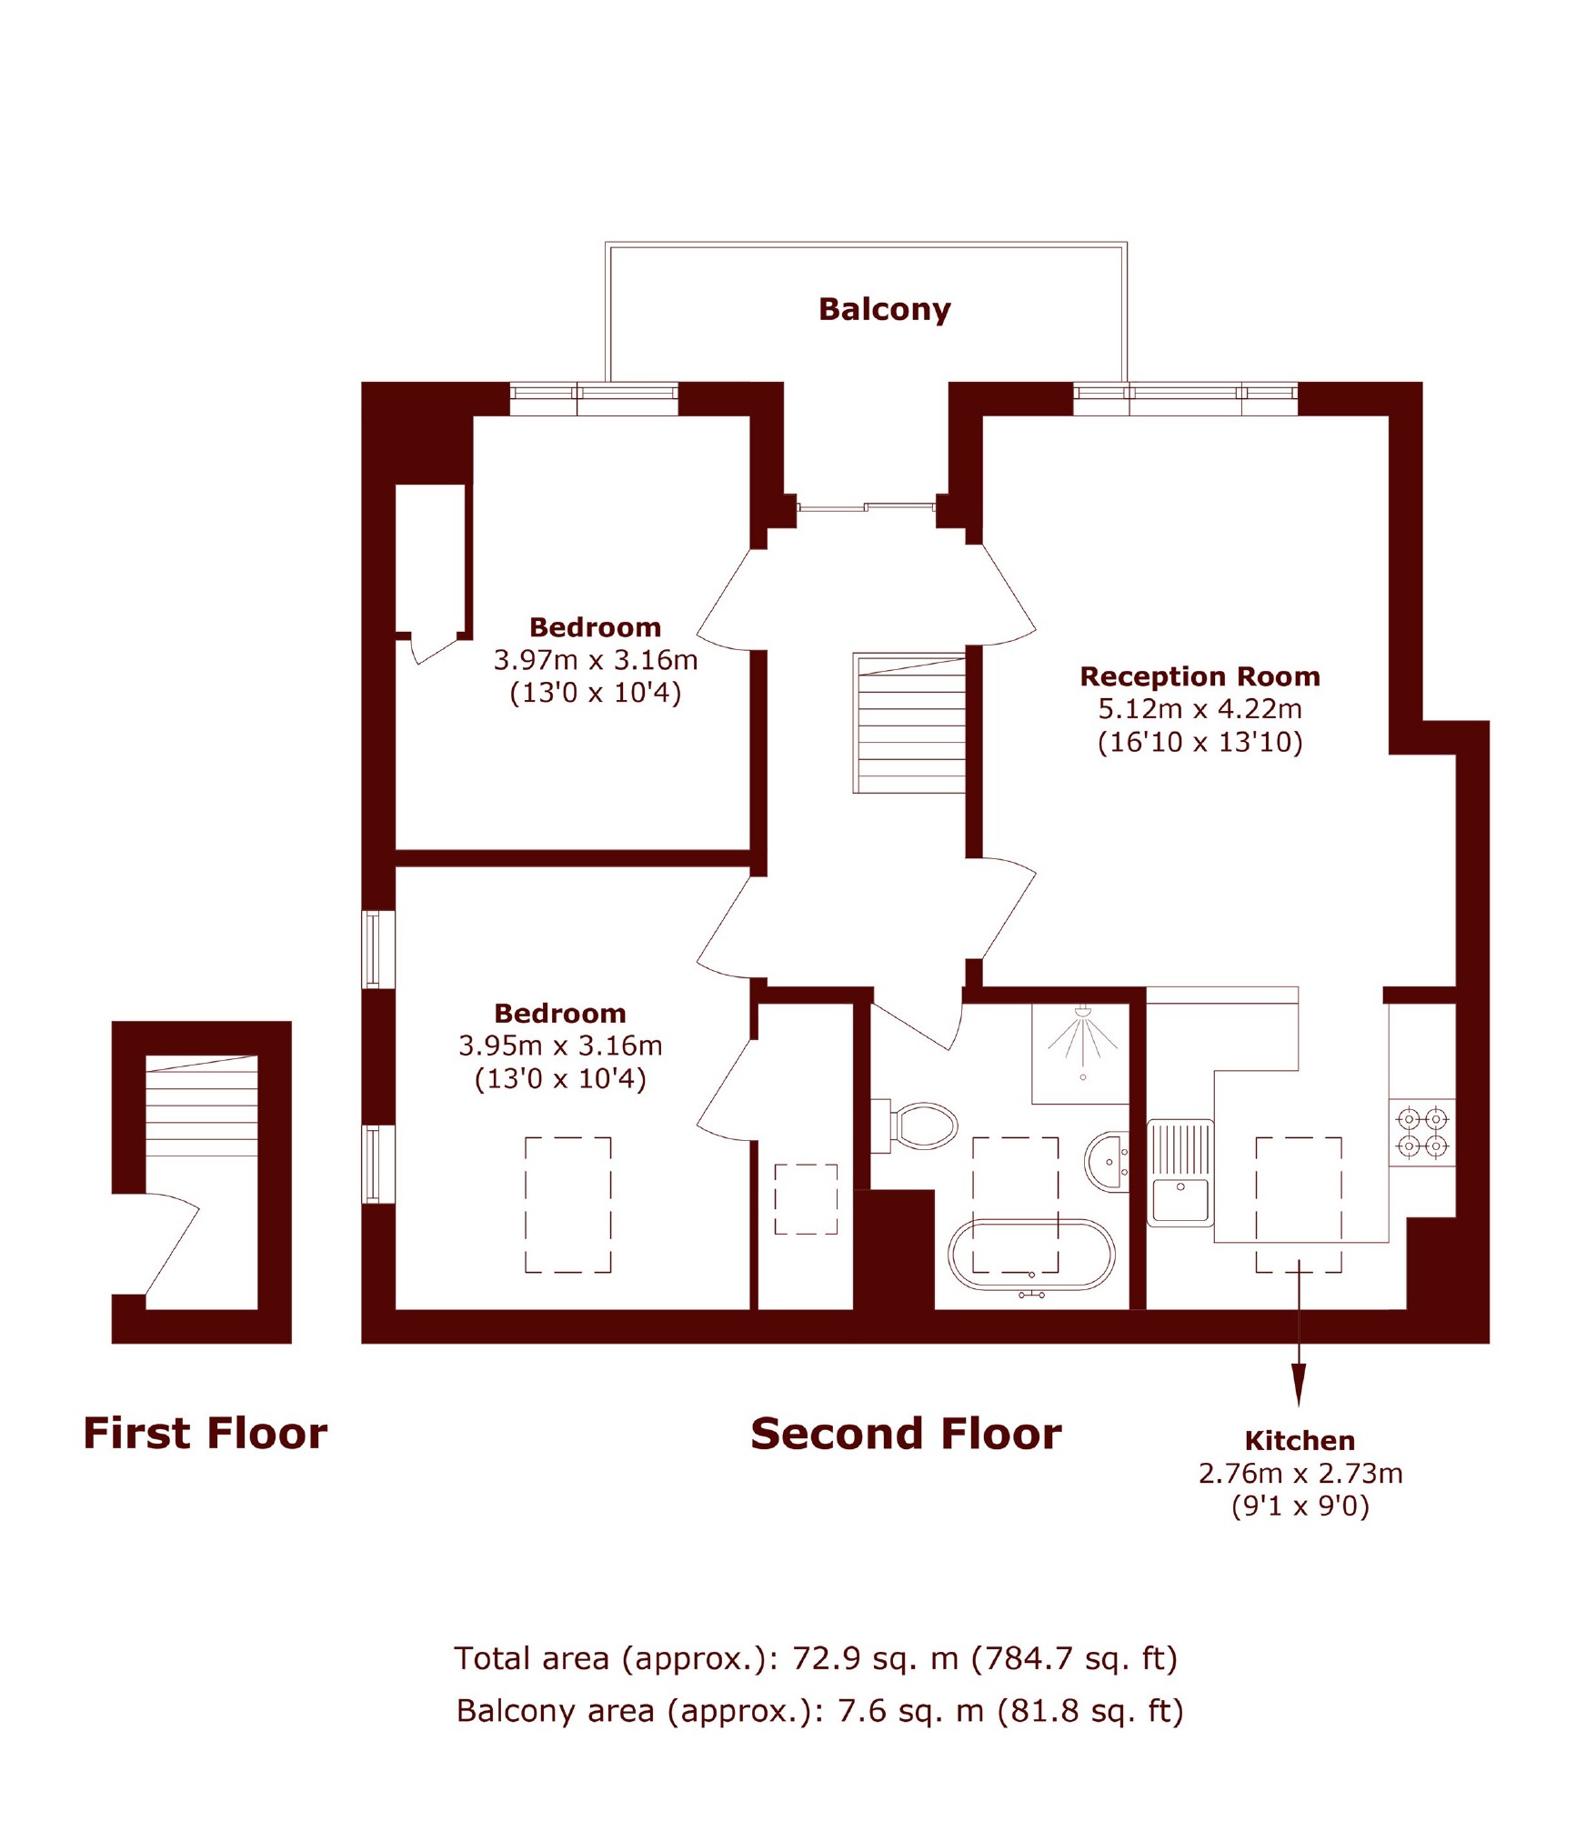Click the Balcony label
[884, 310]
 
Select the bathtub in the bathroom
[1031, 1255]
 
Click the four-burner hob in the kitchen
[1421, 1132]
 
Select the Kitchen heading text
[1300, 1441]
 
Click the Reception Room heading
[1200, 676]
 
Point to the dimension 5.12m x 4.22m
[1200, 709]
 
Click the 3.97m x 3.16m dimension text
[596, 660]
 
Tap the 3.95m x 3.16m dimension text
[560, 1046]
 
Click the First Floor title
[206, 1434]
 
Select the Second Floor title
[906, 1434]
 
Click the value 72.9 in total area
[826, 1658]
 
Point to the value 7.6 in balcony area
[861, 1710]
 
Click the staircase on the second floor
[908, 723]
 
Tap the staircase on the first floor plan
[201, 1106]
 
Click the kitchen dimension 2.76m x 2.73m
[1300, 1474]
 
